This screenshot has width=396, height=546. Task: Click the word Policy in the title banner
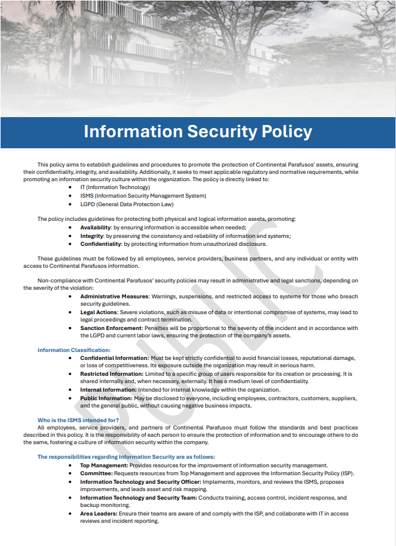(283, 132)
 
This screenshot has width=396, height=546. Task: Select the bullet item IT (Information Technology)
(115, 187)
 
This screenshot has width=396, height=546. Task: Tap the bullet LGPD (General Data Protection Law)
(126, 204)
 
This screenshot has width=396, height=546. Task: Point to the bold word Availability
(96, 227)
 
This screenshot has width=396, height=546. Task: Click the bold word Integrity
(92, 235)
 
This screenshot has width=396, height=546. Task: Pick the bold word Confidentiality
(101, 244)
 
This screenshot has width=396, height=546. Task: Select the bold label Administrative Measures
(115, 296)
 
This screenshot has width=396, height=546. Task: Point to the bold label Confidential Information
(114, 358)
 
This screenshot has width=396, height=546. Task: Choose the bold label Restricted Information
(111, 374)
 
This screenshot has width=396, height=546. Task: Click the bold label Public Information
(106, 398)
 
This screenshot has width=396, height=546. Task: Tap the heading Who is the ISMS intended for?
(78, 420)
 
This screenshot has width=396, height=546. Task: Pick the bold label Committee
(96, 473)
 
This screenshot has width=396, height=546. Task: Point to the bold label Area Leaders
(99, 514)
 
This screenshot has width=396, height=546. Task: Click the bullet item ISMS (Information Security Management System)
(143, 196)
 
